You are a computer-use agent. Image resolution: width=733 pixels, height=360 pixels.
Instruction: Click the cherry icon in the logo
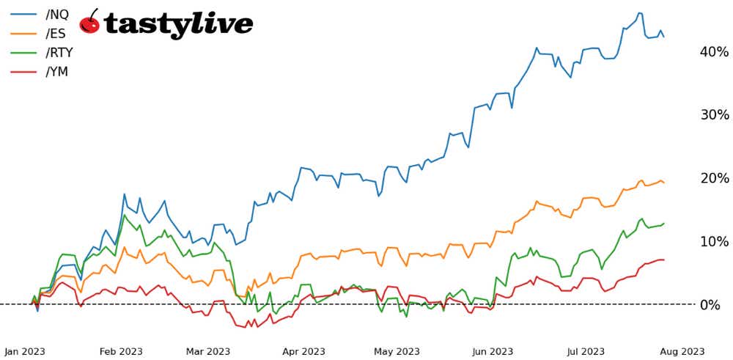coord(89,22)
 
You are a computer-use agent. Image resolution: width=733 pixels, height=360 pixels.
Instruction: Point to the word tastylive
coord(179,23)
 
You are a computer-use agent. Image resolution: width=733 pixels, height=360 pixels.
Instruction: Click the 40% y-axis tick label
coord(714,52)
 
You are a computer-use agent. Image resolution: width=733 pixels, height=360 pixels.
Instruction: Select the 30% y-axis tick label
coord(714,115)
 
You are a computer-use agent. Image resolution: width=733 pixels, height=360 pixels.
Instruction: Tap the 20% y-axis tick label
coord(714,178)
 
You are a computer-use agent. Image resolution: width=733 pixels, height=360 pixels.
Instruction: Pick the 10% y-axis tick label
coord(714,241)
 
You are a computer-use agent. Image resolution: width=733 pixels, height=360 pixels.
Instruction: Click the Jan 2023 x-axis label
coord(25,351)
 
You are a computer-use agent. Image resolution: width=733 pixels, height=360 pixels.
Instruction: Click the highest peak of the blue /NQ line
coord(640,13)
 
